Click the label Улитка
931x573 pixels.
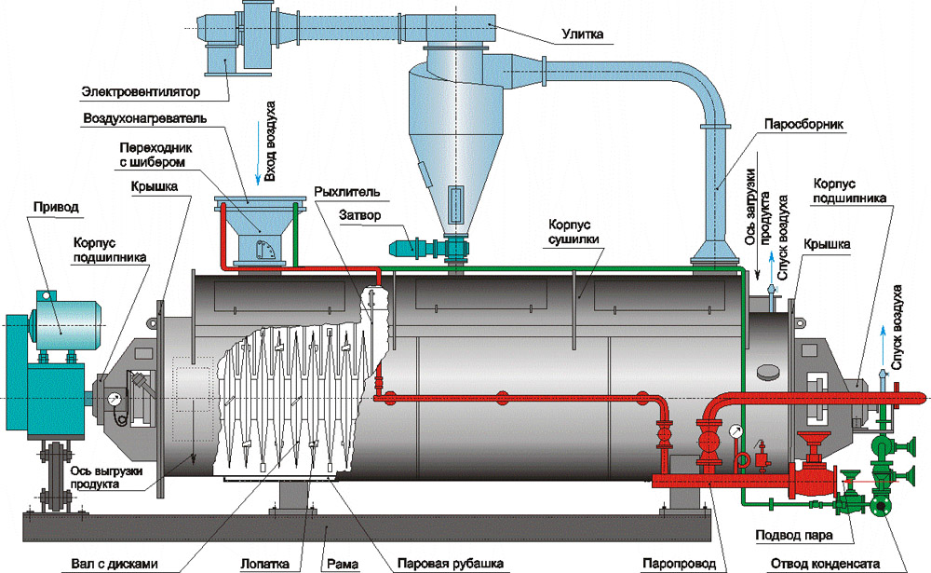pyautogui.click(x=582, y=34)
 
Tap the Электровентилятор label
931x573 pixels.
pyautogui.click(x=141, y=92)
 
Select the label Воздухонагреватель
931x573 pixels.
pyautogui.click(x=145, y=118)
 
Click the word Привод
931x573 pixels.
pyautogui.click(x=56, y=208)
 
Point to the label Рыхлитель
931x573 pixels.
pyautogui.click(x=346, y=192)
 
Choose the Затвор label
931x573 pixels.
pyautogui.click(x=359, y=215)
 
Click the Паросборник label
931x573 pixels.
pyautogui.click(x=803, y=125)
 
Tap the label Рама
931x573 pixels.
pyautogui.click(x=343, y=564)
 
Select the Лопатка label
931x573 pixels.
pyautogui.click(x=264, y=564)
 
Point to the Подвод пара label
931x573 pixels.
pyautogui.click(x=794, y=536)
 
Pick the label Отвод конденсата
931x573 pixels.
pyautogui.click(x=825, y=564)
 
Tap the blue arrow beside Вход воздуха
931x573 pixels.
pyautogui.click(x=258, y=154)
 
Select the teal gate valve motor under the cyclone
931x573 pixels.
pyautogui.click(x=409, y=247)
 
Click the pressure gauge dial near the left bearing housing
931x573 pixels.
pyautogui.click(x=114, y=399)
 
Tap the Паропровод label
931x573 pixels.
pyautogui.click(x=680, y=564)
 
